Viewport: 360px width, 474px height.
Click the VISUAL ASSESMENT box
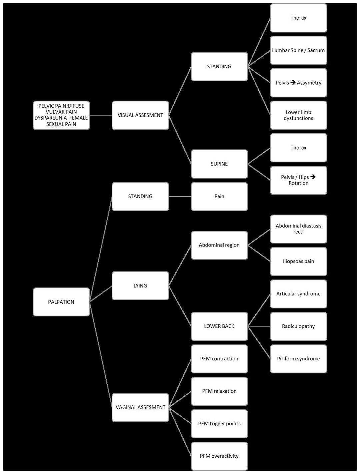point(140,115)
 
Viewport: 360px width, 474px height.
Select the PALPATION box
point(61,302)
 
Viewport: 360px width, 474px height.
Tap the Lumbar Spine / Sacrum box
point(298,50)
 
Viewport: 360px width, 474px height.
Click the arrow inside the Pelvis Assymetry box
point(293,82)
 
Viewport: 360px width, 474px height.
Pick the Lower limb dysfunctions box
point(298,115)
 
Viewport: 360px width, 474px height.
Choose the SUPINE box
point(219,164)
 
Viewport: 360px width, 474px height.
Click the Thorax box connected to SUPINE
point(298,148)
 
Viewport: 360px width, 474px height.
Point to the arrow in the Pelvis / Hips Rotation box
point(313,177)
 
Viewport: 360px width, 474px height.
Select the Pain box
point(219,197)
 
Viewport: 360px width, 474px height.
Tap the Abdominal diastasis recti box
point(298,229)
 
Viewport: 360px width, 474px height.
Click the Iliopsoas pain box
point(298,261)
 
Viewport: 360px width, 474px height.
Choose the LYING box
point(140,286)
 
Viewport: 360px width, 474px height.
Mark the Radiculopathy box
point(298,326)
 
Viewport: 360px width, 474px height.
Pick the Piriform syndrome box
point(298,359)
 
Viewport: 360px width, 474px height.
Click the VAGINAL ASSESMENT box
point(140,407)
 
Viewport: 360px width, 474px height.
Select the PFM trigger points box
point(219,424)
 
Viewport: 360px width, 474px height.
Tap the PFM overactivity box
point(219,456)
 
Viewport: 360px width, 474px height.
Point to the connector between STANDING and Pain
point(180,197)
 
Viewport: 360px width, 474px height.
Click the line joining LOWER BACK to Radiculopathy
point(259,326)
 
